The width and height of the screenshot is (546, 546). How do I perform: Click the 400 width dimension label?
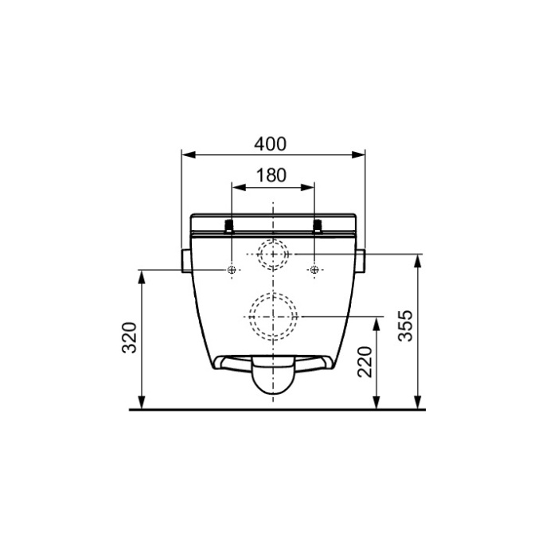271,144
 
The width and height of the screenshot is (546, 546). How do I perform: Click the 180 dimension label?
271,175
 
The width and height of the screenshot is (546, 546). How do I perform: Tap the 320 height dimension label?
130,337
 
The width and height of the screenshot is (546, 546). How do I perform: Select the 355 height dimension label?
405,326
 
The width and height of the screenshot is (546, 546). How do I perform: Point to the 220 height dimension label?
365,362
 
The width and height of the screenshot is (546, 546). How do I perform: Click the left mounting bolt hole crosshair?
232,270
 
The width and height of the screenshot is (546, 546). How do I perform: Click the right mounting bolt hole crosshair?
314,270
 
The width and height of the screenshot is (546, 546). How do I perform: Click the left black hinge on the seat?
228,226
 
